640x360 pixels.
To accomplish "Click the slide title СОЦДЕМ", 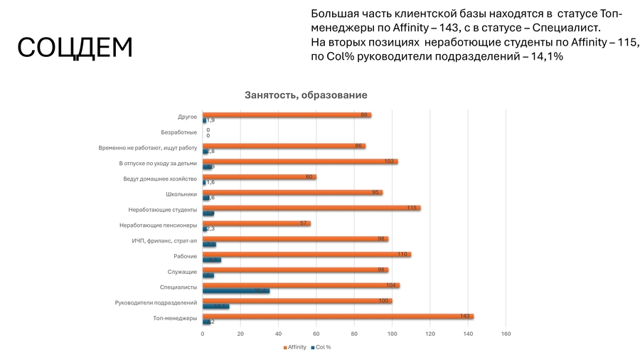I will (x=75, y=48).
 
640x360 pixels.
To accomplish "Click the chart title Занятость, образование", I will (x=306, y=95).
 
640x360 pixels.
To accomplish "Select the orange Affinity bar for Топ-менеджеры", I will (x=338, y=316).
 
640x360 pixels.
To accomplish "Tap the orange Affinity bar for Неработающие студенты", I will (x=311, y=208).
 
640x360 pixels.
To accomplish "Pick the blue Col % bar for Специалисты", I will (x=235, y=290).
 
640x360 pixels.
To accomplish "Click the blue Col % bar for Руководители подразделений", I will (x=215, y=306).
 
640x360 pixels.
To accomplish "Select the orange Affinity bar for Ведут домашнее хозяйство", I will (x=259, y=176).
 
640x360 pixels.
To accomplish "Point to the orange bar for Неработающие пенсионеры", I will (x=256, y=223).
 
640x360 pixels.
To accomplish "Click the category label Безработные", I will (x=179, y=132).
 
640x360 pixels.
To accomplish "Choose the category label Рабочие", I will (x=186, y=256).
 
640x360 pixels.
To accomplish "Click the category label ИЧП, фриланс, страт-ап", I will (x=164, y=240).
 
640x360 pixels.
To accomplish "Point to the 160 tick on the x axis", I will (x=506, y=333).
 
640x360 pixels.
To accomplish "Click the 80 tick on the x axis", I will (x=354, y=333).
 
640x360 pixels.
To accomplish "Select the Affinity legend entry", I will (x=294, y=347).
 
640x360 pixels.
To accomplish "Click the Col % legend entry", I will (x=321, y=347).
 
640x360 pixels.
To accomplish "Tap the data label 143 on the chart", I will (x=464, y=316).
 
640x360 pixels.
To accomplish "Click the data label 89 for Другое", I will (x=363, y=115).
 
